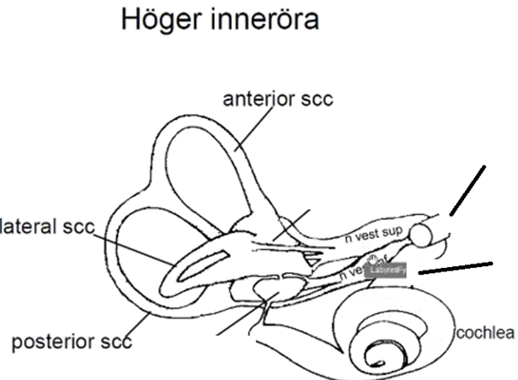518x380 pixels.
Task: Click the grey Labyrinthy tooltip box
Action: (x=386, y=270)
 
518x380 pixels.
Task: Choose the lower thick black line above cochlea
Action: (x=457, y=268)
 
